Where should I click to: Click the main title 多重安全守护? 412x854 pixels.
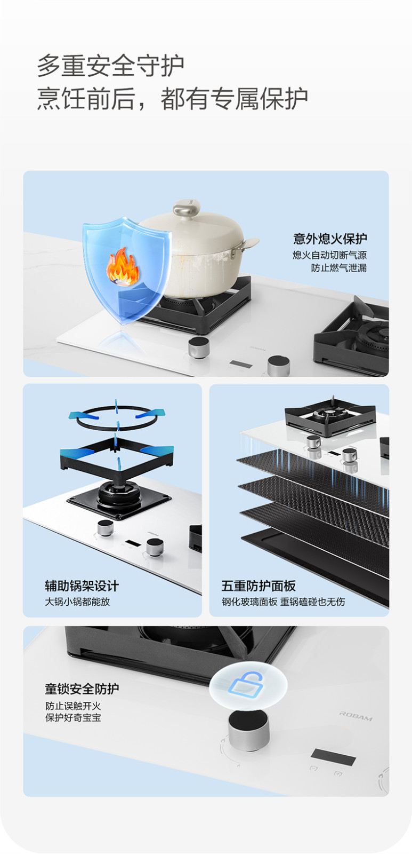(x=111, y=66)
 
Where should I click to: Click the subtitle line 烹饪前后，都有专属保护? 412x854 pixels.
(x=173, y=98)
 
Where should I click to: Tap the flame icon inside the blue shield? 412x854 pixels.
(x=122, y=266)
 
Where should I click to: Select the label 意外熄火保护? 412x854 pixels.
(x=330, y=239)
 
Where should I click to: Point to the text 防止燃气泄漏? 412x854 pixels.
(x=339, y=267)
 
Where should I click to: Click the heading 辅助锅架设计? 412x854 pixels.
(x=82, y=586)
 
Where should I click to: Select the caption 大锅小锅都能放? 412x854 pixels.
(x=77, y=602)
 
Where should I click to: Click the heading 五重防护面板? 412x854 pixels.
(x=258, y=586)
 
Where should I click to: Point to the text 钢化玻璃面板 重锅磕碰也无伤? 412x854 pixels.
(x=284, y=602)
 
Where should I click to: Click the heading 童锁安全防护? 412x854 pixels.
(x=82, y=689)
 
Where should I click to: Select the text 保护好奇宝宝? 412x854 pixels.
(x=73, y=717)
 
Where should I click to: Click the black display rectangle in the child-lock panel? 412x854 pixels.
(x=333, y=757)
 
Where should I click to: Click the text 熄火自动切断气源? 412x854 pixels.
(x=330, y=255)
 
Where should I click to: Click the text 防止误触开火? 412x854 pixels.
(x=73, y=706)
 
